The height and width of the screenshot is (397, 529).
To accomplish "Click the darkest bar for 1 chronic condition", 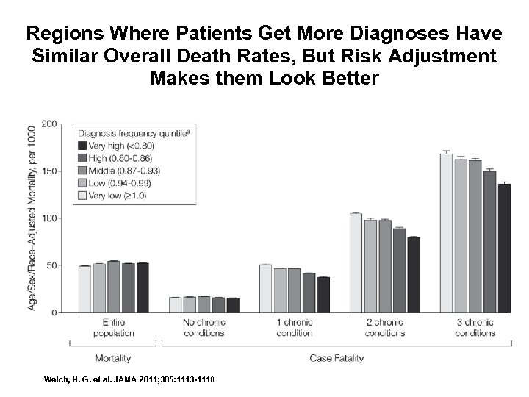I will pos(323,294).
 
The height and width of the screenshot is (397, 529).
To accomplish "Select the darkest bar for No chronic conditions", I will pos(233,304).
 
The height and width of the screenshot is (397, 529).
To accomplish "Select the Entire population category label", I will pos(113,328).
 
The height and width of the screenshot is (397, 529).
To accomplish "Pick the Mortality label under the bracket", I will pos(113,358).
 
